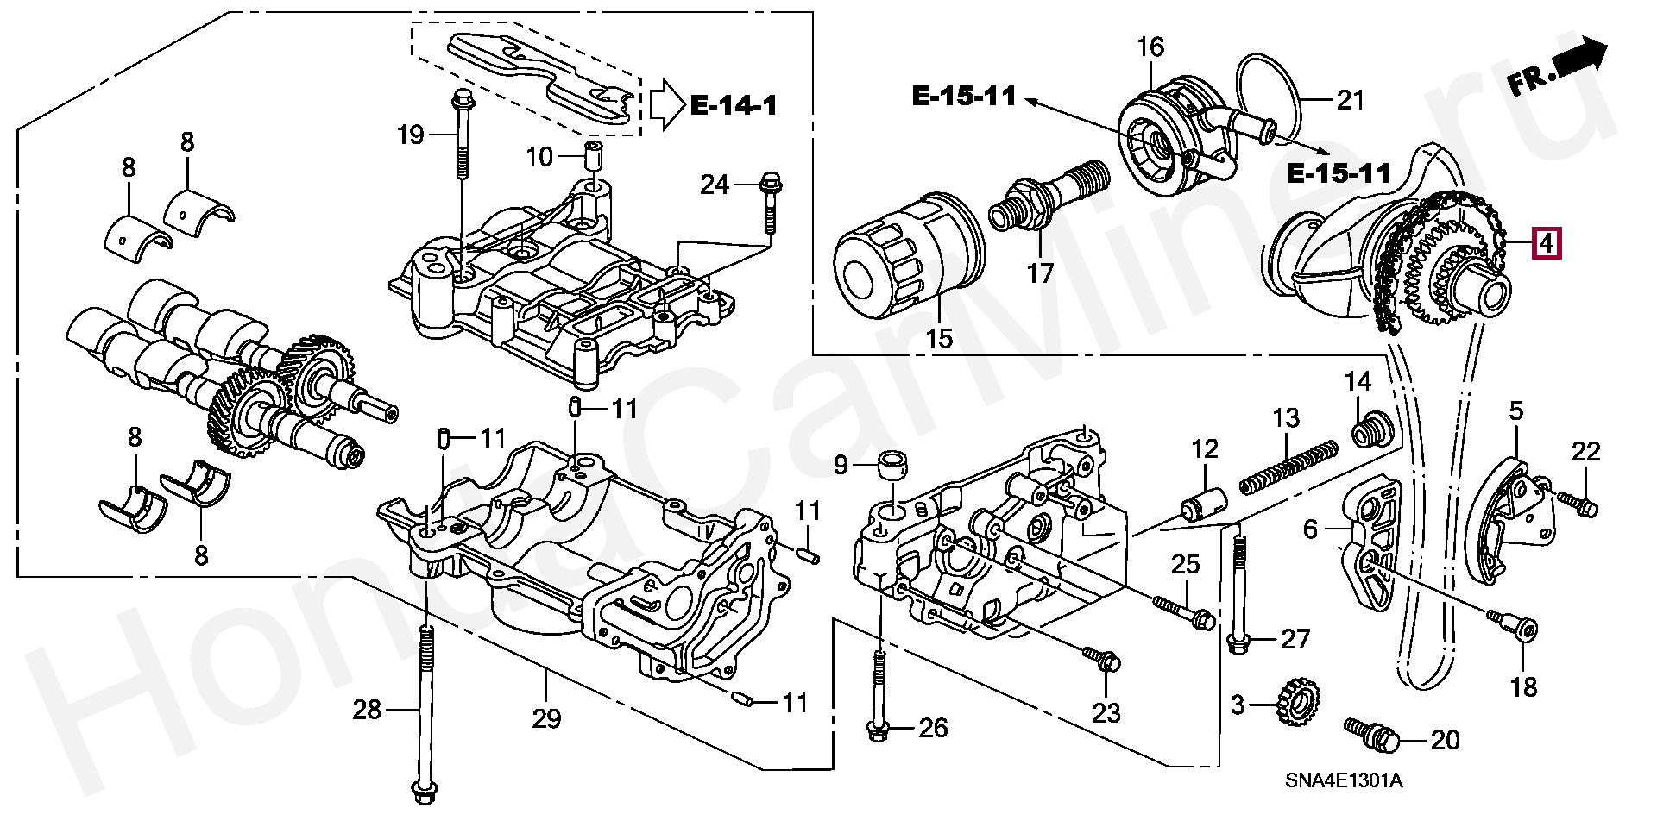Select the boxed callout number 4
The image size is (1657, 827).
(x=1546, y=243)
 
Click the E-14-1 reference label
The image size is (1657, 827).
(x=734, y=105)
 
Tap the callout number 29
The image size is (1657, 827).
(x=546, y=717)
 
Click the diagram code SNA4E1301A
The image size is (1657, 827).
(x=1344, y=781)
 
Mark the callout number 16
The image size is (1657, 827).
(x=1150, y=47)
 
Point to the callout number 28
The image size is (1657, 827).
(x=367, y=710)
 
